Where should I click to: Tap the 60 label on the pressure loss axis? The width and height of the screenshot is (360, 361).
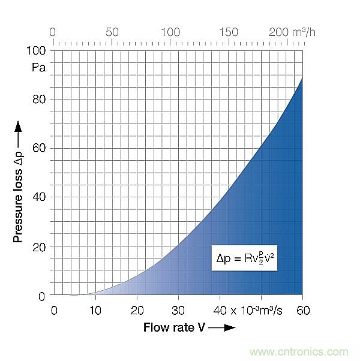coord(39,148)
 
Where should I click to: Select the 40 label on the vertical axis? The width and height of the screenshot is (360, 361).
coord(39,197)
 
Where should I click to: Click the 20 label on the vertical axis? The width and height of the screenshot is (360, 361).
coord(39,246)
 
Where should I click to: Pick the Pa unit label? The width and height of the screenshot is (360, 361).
coord(39,67)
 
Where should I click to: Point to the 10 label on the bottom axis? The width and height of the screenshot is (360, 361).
coord(95,310)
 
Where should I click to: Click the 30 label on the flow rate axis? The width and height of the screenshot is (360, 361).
coord(178,310)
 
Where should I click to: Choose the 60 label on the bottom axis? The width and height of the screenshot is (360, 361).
coord(302,310)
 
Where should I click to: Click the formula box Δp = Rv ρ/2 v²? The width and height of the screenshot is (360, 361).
coord(244,258)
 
